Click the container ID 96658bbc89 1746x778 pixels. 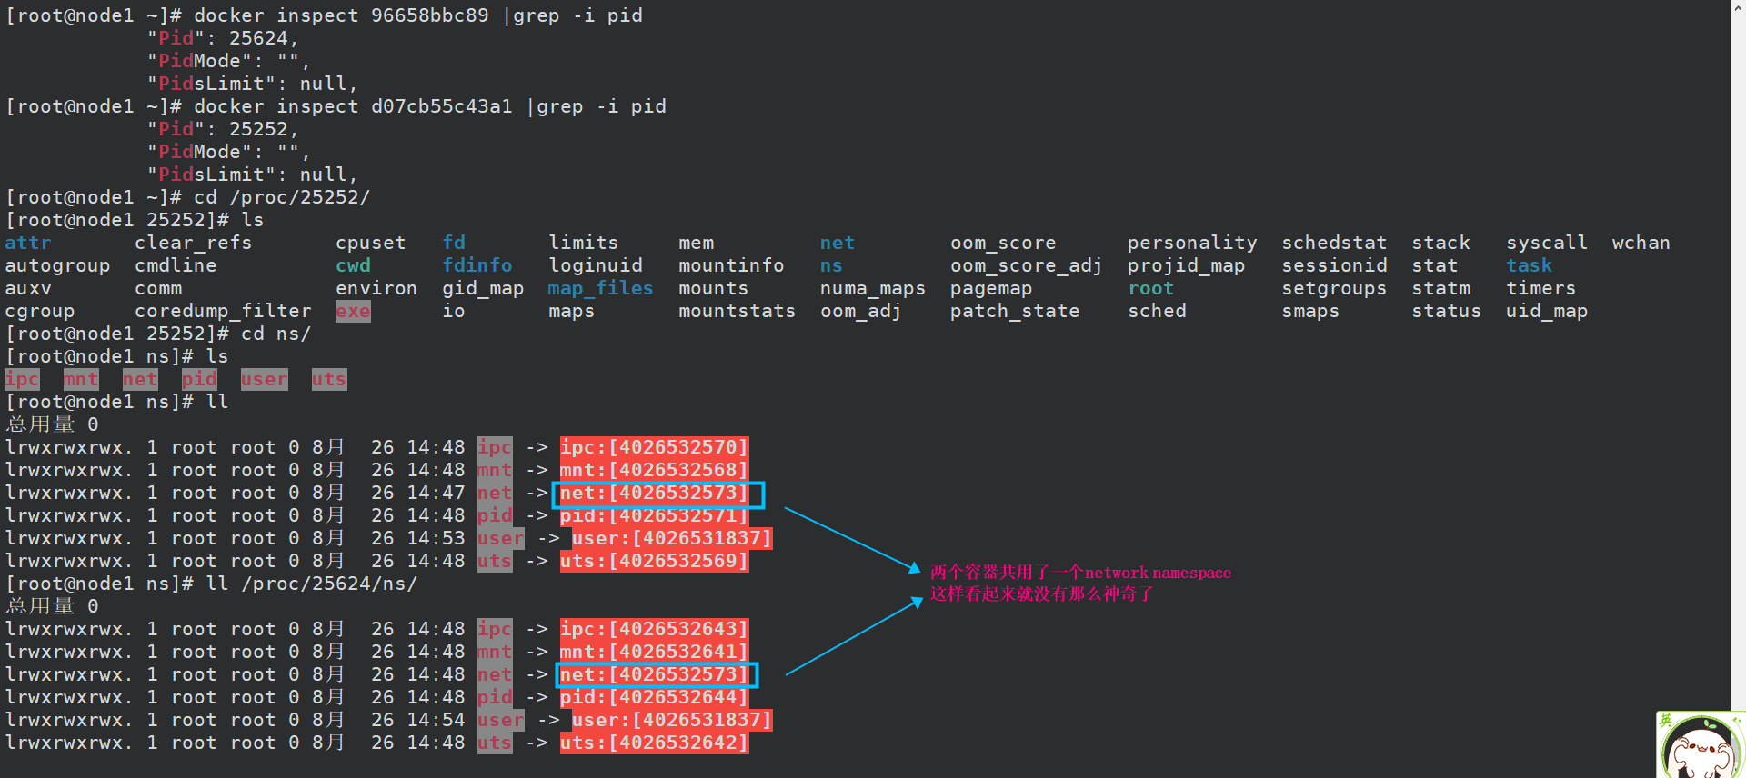coord(429,15)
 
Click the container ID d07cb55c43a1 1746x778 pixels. coord(441,106)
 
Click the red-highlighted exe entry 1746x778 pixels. coord(353,311)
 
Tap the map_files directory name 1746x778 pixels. coord(600,288)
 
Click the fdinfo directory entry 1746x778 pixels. coord(477,265)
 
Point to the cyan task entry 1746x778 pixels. coord(1529,265)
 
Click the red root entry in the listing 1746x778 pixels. coord(1150,288)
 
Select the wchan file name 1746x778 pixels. coord(1641,243)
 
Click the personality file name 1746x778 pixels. coord(1191,243)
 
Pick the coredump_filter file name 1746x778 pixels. coord(223,311)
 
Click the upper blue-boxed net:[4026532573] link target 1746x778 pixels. coord(654,494)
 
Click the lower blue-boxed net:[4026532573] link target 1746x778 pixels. coord(654,675)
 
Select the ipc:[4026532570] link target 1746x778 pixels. coord(654,447)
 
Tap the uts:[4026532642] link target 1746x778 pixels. coord(654,743)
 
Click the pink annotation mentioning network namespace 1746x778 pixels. coord(1080,573)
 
